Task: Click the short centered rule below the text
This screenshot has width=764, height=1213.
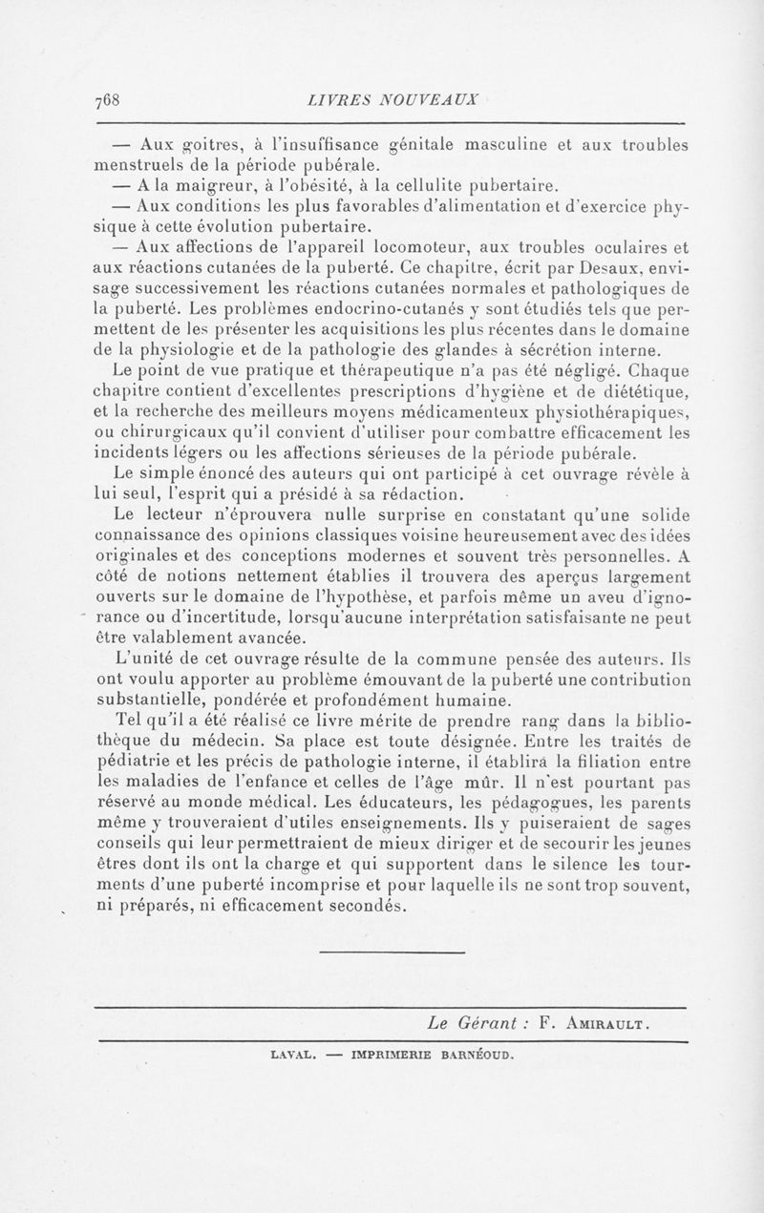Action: click(x=391, y=952)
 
